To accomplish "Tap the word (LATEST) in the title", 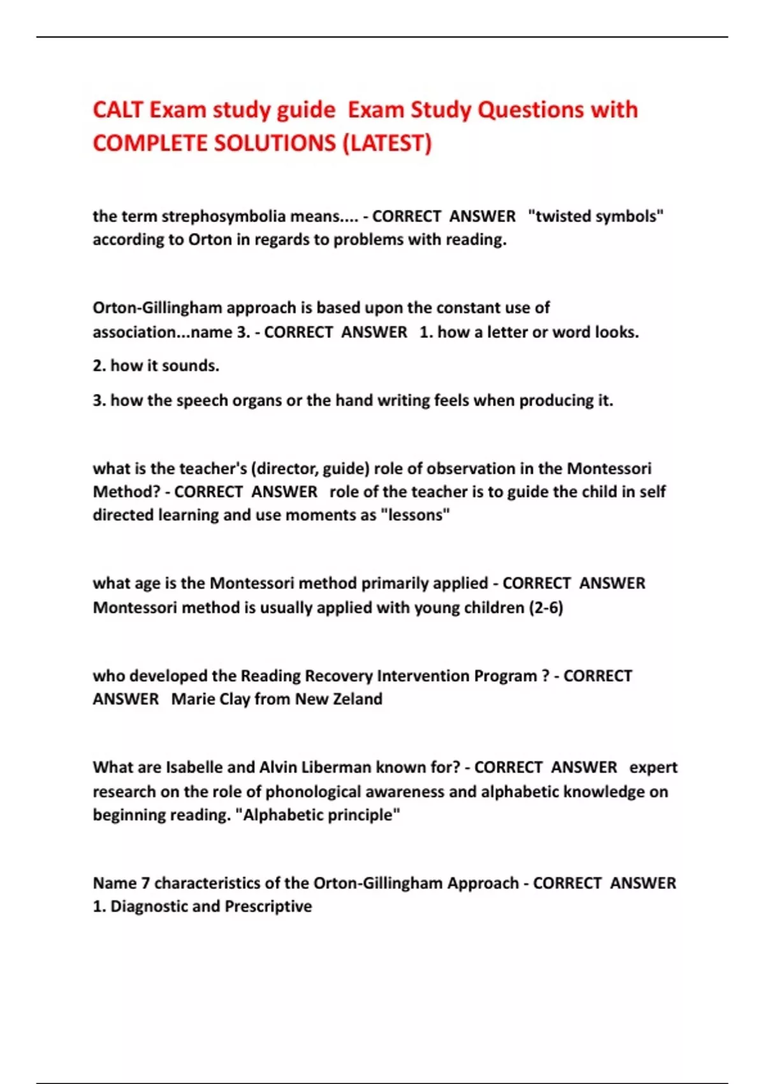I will tap(387, 143).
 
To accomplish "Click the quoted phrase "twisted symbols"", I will tap(596, 216).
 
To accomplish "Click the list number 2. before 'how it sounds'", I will tap(99, 366).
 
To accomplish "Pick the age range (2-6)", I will tap(546, 608).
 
